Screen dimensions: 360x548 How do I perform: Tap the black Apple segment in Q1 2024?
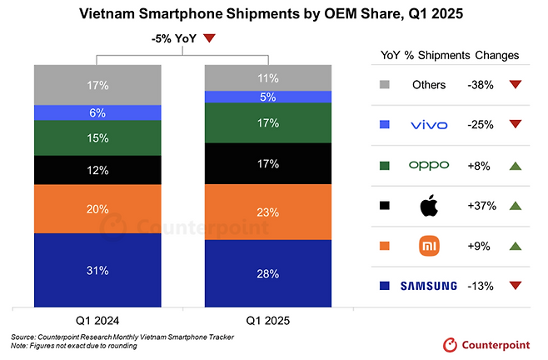(97, 170)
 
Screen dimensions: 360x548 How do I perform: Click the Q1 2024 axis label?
(97, 320)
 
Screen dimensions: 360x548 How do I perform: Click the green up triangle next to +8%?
(516, 165)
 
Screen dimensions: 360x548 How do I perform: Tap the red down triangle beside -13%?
(516, 286)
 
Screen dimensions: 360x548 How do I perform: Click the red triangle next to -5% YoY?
(209, 37)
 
